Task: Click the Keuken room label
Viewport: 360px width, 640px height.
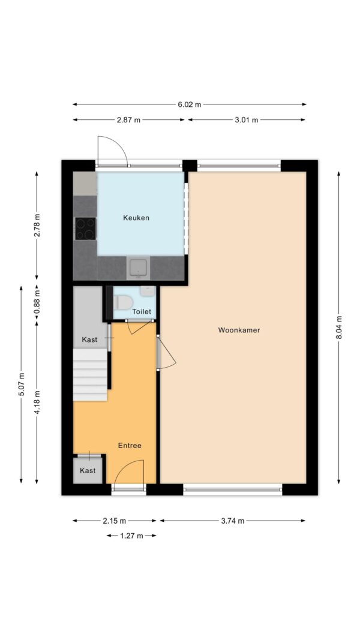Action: click(136, 218)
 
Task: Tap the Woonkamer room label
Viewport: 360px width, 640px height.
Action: click(239, 330)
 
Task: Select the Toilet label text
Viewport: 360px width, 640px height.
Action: click(142, 312)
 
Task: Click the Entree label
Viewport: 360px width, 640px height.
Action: click(130, 445)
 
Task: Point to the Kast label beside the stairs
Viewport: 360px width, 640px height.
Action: click(89, 340)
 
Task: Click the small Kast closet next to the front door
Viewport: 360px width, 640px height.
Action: click(88, 471)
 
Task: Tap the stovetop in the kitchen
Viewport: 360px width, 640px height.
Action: click(85, 229)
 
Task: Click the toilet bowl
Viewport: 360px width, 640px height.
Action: click(124, 302)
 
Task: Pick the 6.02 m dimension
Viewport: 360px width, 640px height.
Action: click(190, 104)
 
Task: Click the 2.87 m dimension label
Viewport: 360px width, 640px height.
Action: click(128, 120)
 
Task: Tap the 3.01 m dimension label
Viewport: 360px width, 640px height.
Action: click(246, 120)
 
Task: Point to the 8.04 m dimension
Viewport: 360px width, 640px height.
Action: click(339, 327)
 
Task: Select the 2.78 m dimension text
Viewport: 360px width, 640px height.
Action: click(37, 226)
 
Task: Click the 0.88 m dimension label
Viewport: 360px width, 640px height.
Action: click(37, 303)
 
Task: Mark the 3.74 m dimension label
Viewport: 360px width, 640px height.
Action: click(232, 521)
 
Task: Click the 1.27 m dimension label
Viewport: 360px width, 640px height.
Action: click(131, 535)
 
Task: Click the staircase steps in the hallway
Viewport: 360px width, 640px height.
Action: click(90, 375)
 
